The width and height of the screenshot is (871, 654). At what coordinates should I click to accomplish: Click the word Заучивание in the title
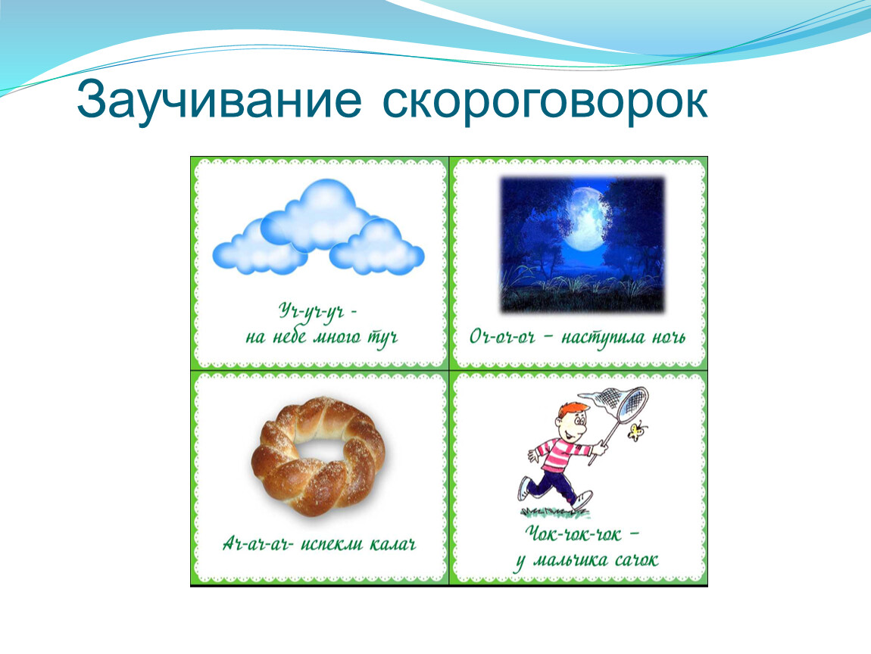point(220,101)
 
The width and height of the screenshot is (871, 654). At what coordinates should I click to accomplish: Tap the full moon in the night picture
point(587,216)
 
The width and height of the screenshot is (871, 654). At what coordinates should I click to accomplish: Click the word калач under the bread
point(392,543)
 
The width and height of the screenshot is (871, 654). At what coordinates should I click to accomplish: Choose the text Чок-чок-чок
point(576,534)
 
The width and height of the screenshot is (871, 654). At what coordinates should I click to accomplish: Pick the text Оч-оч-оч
point(502,337)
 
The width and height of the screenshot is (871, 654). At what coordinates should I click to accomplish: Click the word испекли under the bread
point(331,543)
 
